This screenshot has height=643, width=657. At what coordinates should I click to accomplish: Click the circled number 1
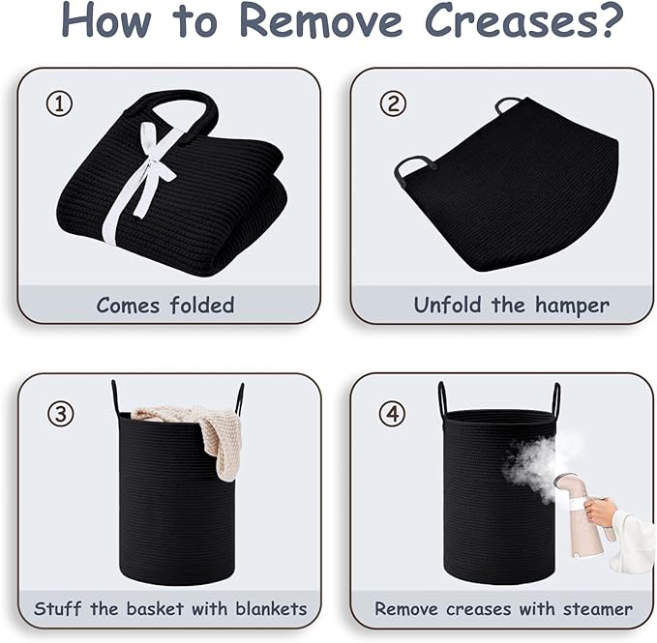(x=59, y=103)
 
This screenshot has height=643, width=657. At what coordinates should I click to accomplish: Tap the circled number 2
(x=393, y=103)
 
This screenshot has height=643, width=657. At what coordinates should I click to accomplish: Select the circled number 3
(x=61, y=414)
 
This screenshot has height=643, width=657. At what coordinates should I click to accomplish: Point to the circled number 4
(x=392, y=414)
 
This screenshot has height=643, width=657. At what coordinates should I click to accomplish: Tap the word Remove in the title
(x=321, y=20)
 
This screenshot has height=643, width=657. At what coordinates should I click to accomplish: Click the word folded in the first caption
(x=202, y=305)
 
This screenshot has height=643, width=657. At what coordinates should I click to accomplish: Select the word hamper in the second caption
(x=572, y=306)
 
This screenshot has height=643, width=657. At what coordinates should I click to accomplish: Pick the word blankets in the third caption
(x=271, y=608)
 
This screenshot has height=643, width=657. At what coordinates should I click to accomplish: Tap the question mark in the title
(x=610, y=19)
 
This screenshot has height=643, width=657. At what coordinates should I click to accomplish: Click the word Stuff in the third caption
(x=58, y=608)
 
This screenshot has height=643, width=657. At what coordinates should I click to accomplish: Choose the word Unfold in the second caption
(x=447, y=305)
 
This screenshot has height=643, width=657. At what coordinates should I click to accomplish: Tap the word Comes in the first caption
(x=129, y=306)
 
